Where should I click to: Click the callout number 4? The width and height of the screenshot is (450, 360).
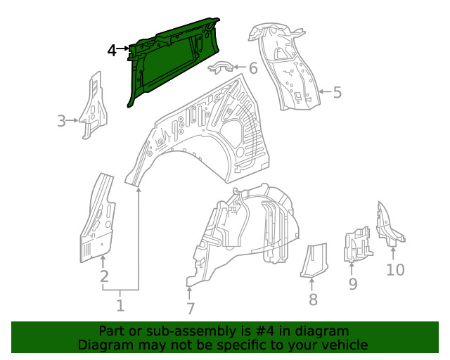112,50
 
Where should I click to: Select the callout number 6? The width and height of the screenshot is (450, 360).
252,69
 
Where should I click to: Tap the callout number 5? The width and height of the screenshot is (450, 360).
337,92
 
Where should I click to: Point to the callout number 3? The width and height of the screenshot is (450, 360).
62,122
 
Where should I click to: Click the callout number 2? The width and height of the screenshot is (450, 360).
104,276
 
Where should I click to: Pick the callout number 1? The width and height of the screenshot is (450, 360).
120,305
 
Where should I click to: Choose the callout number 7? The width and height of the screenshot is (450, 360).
189,308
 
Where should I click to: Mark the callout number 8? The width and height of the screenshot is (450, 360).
313,300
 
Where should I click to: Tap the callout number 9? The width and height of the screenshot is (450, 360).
353,283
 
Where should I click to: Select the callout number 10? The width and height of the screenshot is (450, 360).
395,269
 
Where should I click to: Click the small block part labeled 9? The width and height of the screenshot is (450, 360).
356,245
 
